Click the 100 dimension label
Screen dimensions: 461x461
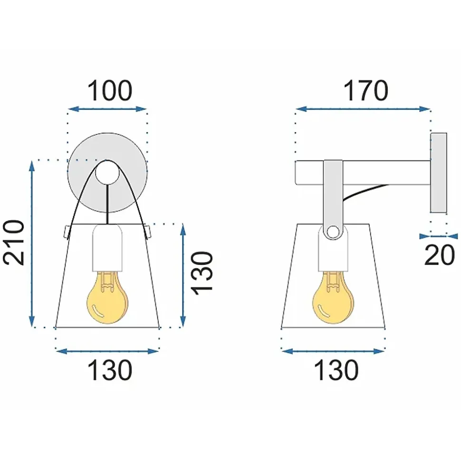pos(110,91)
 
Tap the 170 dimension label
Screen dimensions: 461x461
pos(365,91)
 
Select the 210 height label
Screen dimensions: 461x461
pos(13,242)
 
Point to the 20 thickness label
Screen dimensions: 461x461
pos(440,255)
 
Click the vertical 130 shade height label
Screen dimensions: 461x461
pos(202,273)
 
